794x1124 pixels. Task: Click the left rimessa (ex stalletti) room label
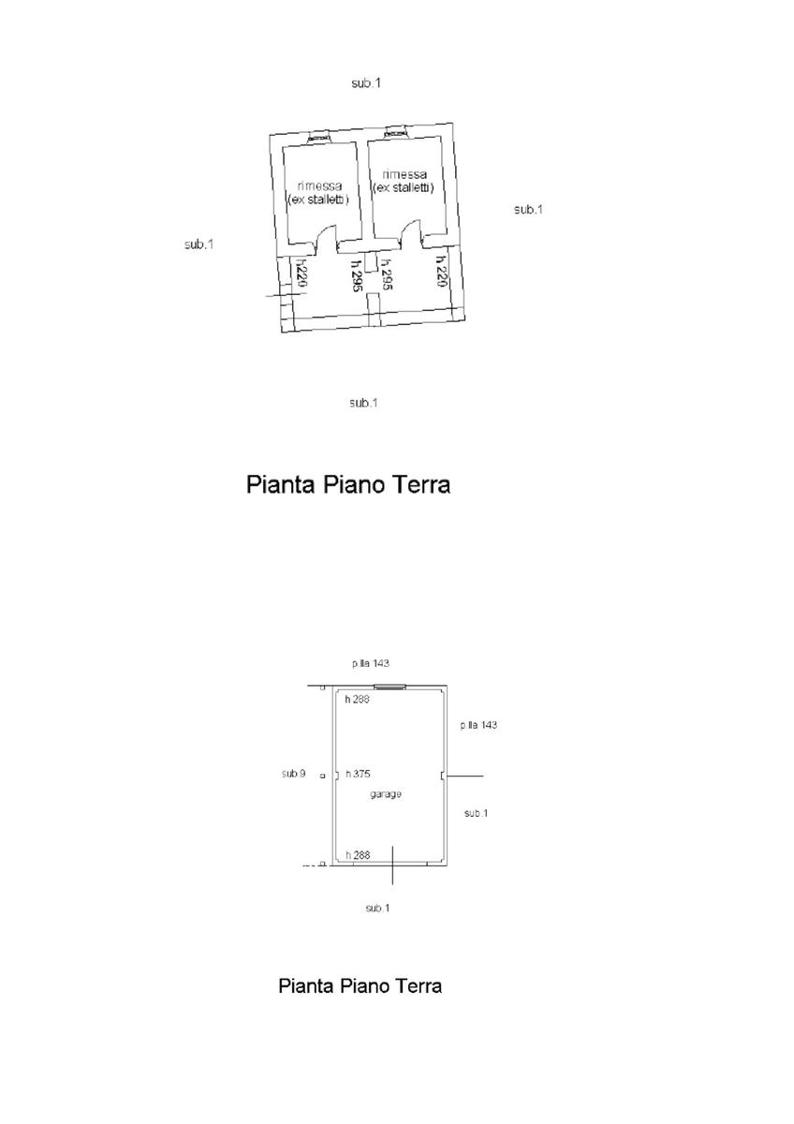tap(318, 192)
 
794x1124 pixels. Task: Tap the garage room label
tap(384, 794)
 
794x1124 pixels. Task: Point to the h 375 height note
tap(359, 774)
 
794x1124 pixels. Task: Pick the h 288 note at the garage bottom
tap(358, 854)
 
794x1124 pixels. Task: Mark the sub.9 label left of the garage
tap(293, 774)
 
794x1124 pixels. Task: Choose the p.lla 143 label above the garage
tap(371, 663)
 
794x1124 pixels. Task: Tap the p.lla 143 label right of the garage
tap(478, 725)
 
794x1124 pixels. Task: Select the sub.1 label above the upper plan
tap(366, 83)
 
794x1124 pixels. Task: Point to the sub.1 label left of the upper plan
tap(199, 244)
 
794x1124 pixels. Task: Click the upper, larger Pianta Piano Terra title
tap(347, 484)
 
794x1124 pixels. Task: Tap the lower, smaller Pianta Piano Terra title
tap(360, 986)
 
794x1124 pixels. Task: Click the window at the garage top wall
tap(390, 687)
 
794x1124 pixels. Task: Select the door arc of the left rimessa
tap(329, 240)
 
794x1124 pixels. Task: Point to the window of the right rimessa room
tap(396, 132)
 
